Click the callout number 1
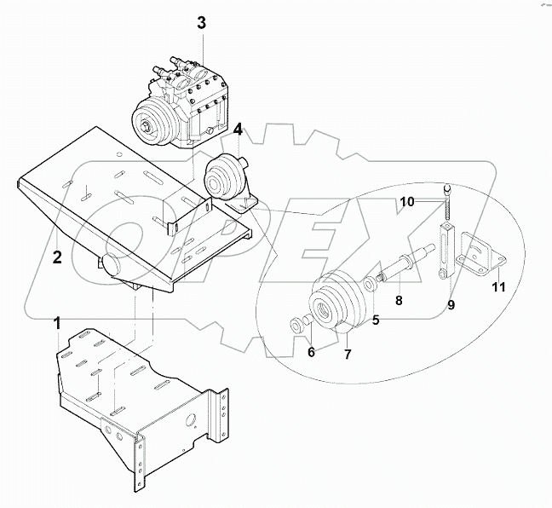pyautogui.click(x=57, y=323)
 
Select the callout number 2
pyautogui.click(x=57, y=257)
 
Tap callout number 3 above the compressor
pyautogui.click(x=201, y=22)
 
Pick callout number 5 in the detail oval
pyautogui.click(x=374, y=320)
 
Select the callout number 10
pyautogui.click(x=409, y=201)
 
